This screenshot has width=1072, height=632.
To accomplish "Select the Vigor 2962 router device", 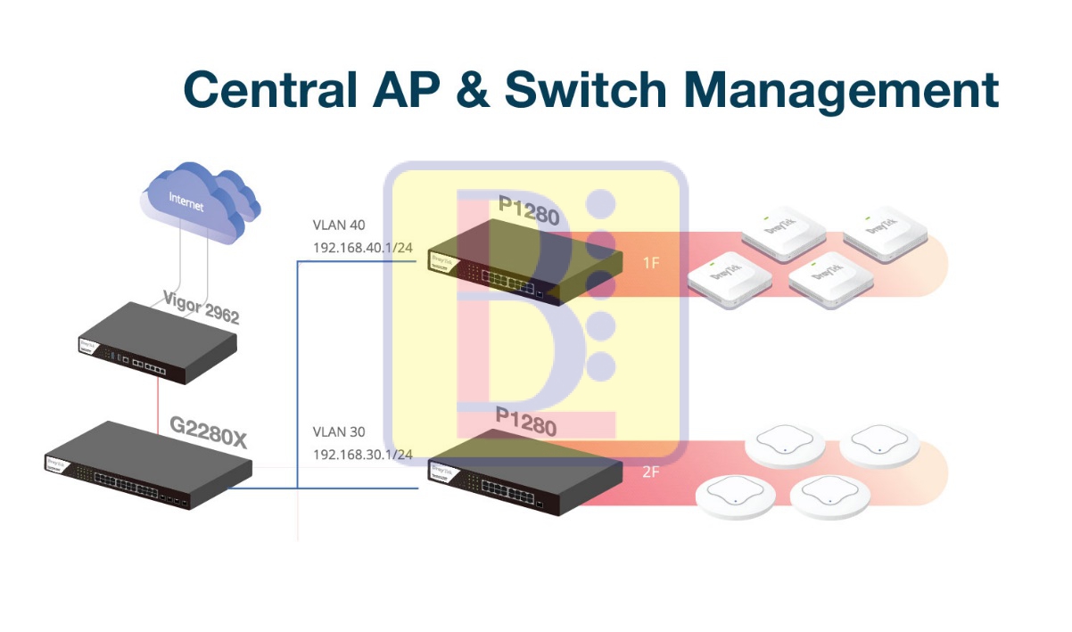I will (158, 344).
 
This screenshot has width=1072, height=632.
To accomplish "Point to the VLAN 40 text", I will (338, 225).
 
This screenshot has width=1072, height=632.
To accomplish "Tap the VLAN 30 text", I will (338, 432).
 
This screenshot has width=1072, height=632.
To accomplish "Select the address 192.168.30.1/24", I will (362, 455).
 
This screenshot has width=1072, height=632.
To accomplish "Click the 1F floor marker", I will (652, 263).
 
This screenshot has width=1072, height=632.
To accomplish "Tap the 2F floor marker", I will (651, 472).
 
